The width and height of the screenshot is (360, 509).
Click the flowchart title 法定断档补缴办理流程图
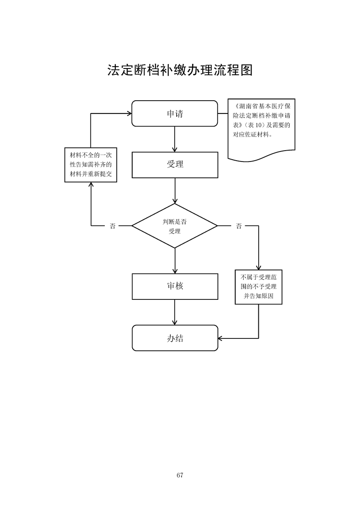click(x=180, y=70)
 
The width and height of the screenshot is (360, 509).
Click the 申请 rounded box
click(x=175, y=113)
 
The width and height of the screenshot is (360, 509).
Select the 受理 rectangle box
click(x=175, y=164)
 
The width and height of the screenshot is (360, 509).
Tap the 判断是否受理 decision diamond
click(x=175, y=225)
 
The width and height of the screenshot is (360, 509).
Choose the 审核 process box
click(x=175, y=286)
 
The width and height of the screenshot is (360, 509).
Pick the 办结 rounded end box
click(x=175, y=338)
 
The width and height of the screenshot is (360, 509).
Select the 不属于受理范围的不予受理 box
click(x=258, y=286)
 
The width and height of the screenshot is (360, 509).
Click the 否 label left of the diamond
click(x=112, y=226)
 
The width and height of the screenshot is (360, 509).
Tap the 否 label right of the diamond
click(x=239, y=226)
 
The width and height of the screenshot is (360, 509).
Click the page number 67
click(x=180, y=475)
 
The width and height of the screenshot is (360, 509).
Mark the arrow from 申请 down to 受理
click(x=175, y=139)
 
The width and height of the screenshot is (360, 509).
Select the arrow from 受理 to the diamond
click(x=175, y=191)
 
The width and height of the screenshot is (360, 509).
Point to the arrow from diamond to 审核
click(x=175, y=261)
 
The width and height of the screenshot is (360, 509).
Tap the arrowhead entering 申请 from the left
click(x=129, y=113)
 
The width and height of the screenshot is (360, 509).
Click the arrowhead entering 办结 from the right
click(x=221, y=338)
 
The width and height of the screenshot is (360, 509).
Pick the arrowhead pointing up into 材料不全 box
click(x=91, y=185)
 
